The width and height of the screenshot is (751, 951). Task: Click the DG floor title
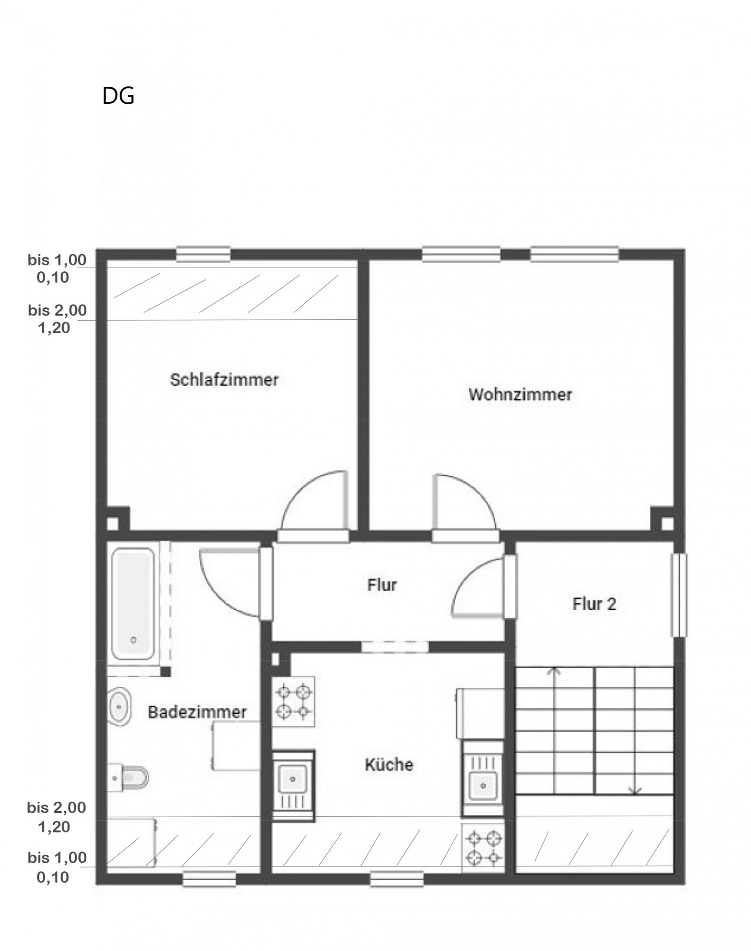[118, 96]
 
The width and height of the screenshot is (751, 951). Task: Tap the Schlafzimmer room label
[224, 379]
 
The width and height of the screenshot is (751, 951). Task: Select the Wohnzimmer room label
[520, 394]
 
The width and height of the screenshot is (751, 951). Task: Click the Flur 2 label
[594, 604]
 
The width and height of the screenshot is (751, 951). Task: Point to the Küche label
[389, 764]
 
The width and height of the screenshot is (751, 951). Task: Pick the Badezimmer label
[197, 712]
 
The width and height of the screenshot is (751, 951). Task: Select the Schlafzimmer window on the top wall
[203, 255]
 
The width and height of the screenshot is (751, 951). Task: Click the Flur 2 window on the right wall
[679, 595]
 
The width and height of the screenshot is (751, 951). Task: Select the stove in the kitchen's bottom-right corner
[483, 847]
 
